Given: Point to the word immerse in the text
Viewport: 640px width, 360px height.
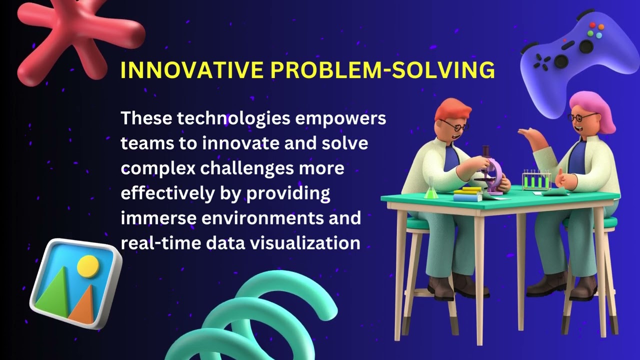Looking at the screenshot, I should click(152, 218).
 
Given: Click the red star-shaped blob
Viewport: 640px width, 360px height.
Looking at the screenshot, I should click(75, 37).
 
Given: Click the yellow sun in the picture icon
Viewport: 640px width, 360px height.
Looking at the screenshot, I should click(88, 266).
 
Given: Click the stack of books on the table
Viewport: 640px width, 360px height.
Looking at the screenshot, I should click(468, 194).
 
